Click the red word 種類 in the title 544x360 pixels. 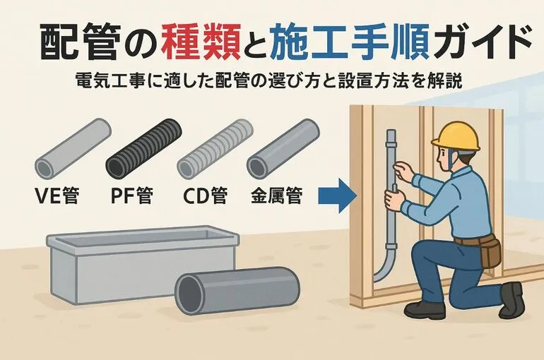pos(201,42)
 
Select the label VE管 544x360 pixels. pos(58,196)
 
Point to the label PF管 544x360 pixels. pos(132,196)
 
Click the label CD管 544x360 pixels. pos(206,196)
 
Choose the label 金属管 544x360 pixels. pos(277,196)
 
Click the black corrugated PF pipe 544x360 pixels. pos(144,149)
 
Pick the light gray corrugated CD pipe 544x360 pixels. pos(215,149)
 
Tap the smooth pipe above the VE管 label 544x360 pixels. pos(73,149)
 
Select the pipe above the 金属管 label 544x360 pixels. pos(283,149)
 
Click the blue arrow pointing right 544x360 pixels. pos(338,196)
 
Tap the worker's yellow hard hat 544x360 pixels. pos(456,137)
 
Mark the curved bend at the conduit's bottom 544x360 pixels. pos(385,267)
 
